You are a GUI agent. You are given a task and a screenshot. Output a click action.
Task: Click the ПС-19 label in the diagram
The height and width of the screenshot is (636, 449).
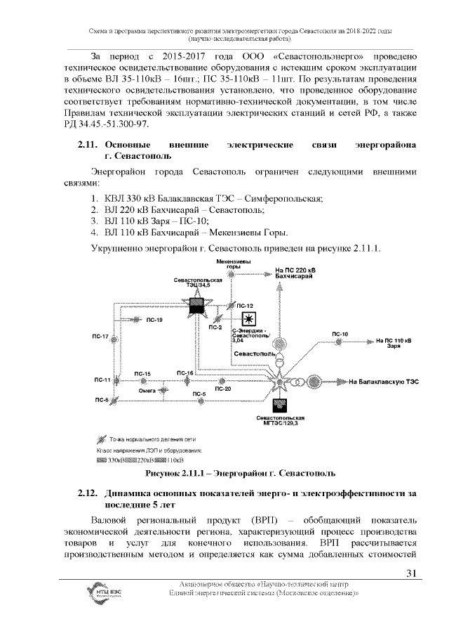tap(154, 320)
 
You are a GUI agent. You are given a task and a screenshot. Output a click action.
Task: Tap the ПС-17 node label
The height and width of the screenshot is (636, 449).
tap(100, 337)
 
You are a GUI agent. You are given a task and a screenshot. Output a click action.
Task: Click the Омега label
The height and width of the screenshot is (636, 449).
tap(147, 391)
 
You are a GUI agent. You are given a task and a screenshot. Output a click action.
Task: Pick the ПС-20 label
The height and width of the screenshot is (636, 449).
tap(223, 389)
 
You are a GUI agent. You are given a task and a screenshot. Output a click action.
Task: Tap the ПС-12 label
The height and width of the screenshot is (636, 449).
tap(244, 305)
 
